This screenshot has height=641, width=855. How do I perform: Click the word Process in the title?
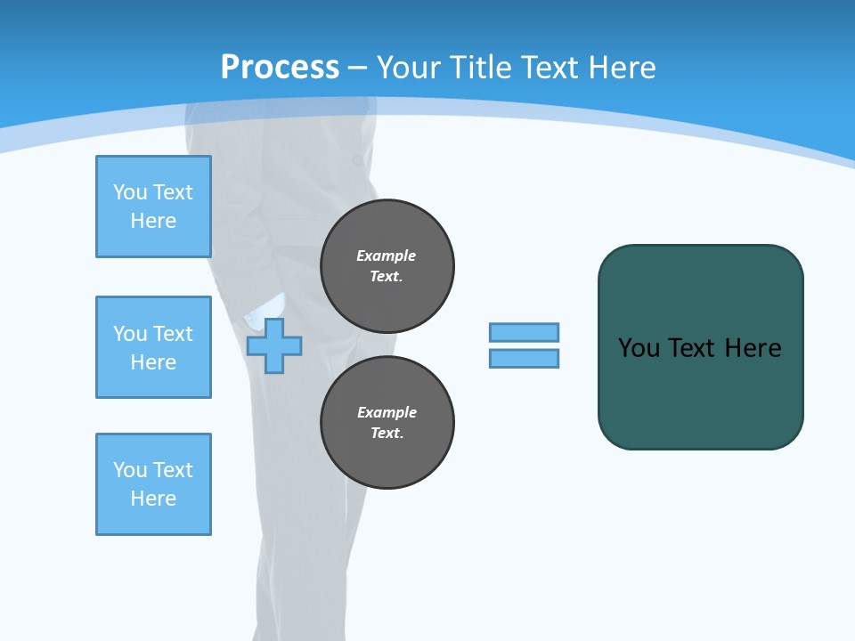(280, 68)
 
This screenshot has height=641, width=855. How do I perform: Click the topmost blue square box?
(153, 207)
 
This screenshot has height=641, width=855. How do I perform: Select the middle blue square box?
(153, 347)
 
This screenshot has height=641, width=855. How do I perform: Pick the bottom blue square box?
(153, 484)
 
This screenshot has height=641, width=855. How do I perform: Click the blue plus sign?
(274, 346)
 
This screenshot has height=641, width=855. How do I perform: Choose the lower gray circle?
(387, 423)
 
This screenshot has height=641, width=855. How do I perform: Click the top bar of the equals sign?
(524, 332)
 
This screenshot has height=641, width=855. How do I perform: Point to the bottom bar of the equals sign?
(524, 358)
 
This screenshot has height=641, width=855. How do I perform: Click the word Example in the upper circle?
(387, 256)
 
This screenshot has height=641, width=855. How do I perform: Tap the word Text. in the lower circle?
(387, 434)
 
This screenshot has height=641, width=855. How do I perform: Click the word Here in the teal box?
(753, 348)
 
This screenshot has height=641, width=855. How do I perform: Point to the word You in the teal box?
(639, 348)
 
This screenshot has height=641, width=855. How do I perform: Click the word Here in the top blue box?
(153, 221)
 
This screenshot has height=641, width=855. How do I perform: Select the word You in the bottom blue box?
(130, 470)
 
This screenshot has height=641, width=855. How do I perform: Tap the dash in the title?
(358, 68)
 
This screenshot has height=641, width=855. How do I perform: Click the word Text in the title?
(546, 68)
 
